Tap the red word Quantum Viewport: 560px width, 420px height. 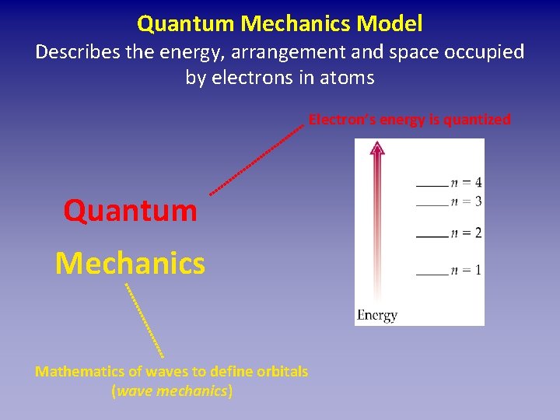pyautogui.click(x=130, y=210)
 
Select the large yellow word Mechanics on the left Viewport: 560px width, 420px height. pyautogui.click(x=130, y=263)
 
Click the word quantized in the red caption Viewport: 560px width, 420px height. pyautogui.click(x=477, y=120)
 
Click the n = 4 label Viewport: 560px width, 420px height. pyautogui.click(x=466, y=183)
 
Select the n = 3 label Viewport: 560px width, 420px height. pyautogui.click(x=466, y=201)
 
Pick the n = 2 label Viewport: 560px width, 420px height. pyautogui.click(x=466, y=233)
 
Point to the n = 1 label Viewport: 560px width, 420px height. pyautogui.click(x=466, y=270)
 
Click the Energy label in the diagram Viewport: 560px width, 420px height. pyautogui.click(x=377, y=315)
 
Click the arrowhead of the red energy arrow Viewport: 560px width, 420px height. pyautogui.click(x=377, y=149)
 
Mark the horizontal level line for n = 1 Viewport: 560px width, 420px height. pyautogui.click(x=432, y=274)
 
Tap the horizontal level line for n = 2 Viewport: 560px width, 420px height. pyautogui.click(x=432, y=236)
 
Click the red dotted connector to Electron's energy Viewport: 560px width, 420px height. pyautogui.click(x=256, y=159)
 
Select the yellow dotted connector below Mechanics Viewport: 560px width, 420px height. pyautogui.click(x=144, y=319)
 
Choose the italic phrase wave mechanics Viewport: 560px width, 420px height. pyautogui.click(x=172, y=390)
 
